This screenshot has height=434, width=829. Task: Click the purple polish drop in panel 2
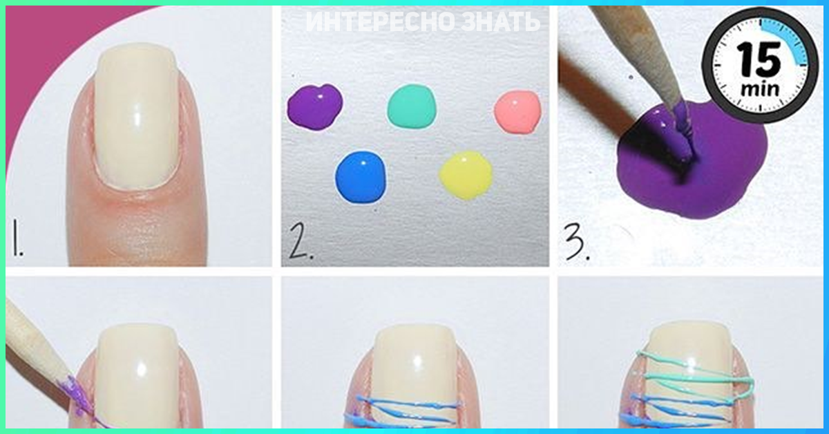(315, 107)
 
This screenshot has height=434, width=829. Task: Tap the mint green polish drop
(412, 107)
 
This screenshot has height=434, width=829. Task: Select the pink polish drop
(517, 111)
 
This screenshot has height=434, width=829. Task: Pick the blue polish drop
(361, 177)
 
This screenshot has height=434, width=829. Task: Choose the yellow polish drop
(466, 175)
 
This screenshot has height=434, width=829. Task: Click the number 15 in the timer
(759, 60)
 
